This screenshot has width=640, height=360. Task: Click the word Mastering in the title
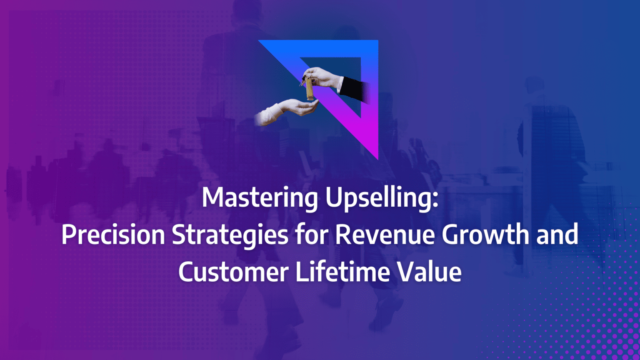(x=259, y=197)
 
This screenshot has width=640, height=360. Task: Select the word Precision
(x=113, y=235)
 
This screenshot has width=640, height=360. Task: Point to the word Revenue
(x=385, y=235)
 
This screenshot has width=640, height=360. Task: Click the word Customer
(x=233, y=272)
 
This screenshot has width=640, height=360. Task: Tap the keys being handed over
(x=308, y=88)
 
